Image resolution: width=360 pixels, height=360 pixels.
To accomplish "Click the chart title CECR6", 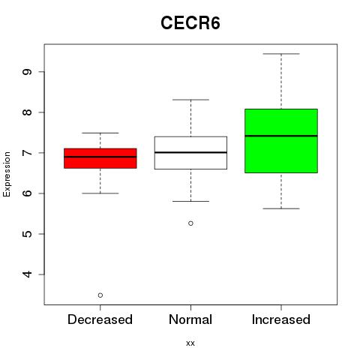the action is [x=190, y=23].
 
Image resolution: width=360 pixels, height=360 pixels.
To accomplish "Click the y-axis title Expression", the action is [x=7, y=174].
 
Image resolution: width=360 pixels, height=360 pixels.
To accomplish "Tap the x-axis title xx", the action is [x=190, y=343].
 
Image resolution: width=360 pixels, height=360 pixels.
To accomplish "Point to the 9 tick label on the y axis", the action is [x=27, y=72].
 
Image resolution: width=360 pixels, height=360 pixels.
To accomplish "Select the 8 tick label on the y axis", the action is [x=27, y=112].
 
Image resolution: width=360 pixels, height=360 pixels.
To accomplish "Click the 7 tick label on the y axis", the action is [x=27, y=153].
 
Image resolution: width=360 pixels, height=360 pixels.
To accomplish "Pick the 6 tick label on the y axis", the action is [x=27, y=193].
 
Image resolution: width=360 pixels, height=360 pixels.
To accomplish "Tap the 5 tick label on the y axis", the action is [x=27, y=234].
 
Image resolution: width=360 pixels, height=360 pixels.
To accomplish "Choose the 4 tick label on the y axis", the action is [x=27, y=274].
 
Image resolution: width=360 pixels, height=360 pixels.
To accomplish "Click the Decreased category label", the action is [x=100, y=319].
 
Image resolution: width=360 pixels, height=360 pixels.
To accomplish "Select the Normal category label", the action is [x=190, y=319].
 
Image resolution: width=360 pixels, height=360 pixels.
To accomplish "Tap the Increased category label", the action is [x=281, y=319].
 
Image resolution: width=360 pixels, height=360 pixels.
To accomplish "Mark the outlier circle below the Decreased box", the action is [x=100, y=295].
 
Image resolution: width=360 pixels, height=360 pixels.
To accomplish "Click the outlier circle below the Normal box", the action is [x=190, y=223].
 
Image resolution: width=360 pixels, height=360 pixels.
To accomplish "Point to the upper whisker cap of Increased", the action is [x=281, y=54].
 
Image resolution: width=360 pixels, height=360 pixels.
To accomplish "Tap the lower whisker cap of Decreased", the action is [x=100, y=193].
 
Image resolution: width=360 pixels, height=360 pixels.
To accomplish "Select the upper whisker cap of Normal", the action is [x=190, y=100].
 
